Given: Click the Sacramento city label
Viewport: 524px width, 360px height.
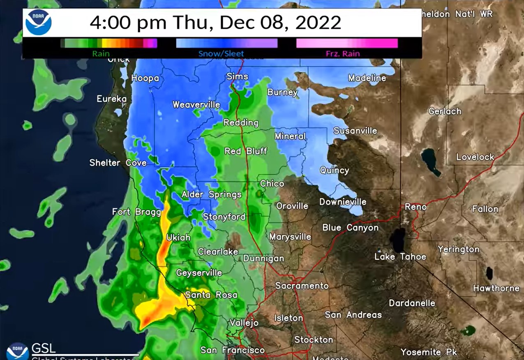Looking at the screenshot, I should point(302,286).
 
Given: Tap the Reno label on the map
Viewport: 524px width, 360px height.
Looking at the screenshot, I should point(416,206).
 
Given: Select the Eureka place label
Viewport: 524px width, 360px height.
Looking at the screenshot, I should point(112,99).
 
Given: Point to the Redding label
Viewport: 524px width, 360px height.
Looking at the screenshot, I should point(241,122).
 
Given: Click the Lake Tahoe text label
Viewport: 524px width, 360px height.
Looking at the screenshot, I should point(400,257).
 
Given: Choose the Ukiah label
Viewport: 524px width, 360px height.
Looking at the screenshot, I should point(179,238).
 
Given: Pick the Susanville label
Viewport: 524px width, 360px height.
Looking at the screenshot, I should point(355,131).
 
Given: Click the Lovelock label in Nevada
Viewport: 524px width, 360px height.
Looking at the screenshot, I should point(475,157).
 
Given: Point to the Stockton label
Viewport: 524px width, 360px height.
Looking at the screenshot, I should point(314,339).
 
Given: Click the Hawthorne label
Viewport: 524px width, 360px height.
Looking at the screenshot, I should point(496,288).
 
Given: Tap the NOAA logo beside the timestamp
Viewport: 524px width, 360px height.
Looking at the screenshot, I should point(38,23).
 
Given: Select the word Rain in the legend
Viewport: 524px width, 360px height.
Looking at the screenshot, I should point(101,53).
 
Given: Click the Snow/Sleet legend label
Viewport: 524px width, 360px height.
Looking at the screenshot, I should point(221,53).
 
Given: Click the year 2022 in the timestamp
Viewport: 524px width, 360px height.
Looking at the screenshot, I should point(318,23).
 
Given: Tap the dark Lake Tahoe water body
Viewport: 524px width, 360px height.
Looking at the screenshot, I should point(398,240).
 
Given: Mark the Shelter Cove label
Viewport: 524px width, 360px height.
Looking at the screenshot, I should point(118,163).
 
